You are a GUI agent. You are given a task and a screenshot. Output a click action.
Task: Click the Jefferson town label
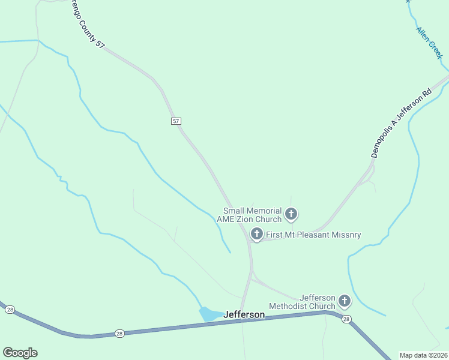click(244, 314)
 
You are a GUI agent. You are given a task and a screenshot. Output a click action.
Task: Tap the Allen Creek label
click(429, 42)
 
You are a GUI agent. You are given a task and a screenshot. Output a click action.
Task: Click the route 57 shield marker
click(175, 121)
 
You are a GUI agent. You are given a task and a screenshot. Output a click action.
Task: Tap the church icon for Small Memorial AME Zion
click(291, 214)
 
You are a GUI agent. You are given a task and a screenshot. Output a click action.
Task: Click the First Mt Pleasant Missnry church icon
click(257, 234)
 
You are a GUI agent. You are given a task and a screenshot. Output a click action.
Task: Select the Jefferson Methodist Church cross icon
click(345, 301)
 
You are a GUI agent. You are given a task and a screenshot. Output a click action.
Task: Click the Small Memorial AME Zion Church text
click(252, 215)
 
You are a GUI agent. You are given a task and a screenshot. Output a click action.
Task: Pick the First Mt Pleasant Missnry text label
click(313, 235)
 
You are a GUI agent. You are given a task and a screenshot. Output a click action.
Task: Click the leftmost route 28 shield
click(10, 310)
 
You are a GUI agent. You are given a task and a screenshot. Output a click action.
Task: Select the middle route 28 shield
click(119, 334)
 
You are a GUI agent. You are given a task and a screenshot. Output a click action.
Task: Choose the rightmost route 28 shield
click(346, 319)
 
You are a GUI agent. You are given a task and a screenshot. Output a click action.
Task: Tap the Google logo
click(20, 353)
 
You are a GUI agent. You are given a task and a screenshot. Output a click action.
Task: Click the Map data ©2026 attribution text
click(424, 355)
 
